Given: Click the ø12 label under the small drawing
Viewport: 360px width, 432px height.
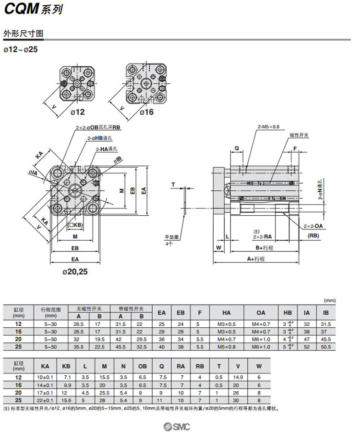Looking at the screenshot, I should (78, 112).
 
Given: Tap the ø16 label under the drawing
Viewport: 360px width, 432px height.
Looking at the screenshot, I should (146, 112).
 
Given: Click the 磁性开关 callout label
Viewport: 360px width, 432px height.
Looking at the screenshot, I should (299, 136).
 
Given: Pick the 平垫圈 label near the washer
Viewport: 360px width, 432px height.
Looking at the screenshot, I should (171, 237).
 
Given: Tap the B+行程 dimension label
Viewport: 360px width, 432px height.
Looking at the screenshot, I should (264, 247).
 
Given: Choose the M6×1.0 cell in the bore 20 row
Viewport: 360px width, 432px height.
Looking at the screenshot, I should (261, 339).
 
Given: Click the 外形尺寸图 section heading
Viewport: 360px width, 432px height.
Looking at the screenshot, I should (24, 34).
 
